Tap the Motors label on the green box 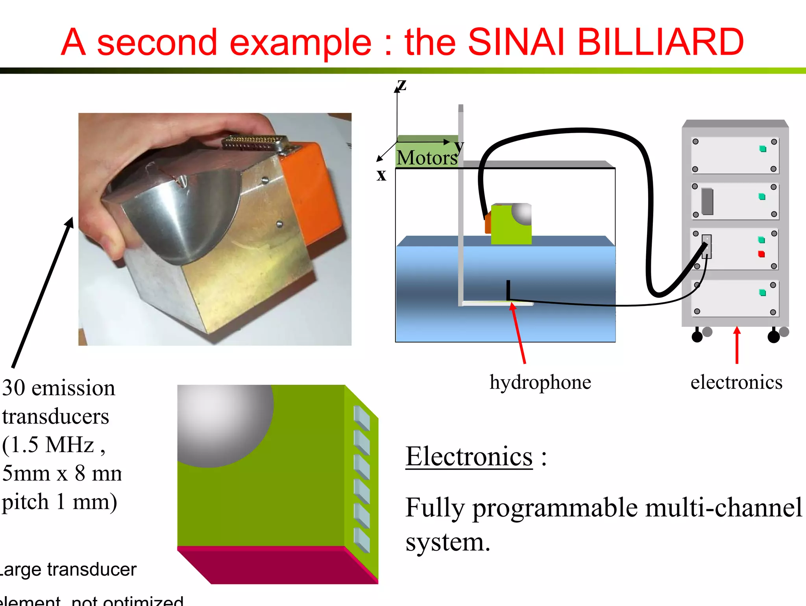tap(427, 158)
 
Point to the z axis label tap(401, 84)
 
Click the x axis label tap(381, 175)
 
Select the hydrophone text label tap(540, 382)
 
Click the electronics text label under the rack tap(736, 382)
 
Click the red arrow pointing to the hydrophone tap(518, 333)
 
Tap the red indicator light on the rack tap(762, 254)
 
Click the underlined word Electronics tap(469, 457)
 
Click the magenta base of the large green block tap(275, 565)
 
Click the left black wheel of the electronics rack tap(697, 337)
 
